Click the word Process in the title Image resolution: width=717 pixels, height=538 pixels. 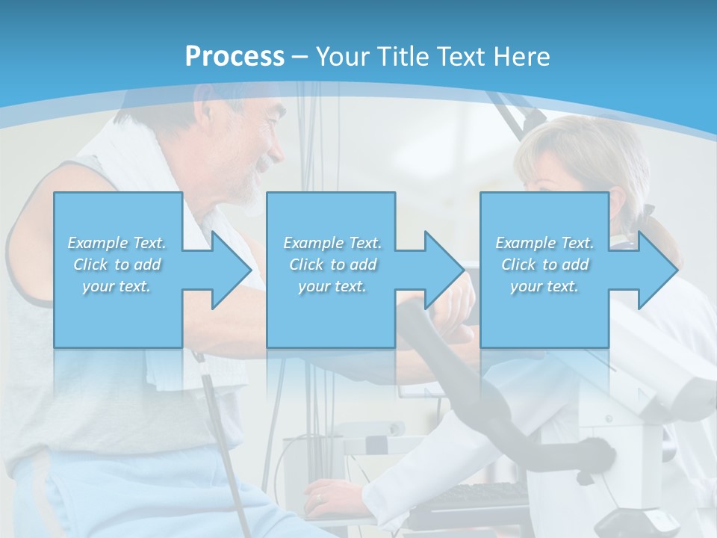point(235,57)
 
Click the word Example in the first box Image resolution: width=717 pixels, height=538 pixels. point(97,243)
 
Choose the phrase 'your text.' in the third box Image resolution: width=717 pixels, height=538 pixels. point(544,286)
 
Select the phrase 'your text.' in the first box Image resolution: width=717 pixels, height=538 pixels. point(117,286)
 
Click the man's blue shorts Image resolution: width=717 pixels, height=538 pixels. point(112,493)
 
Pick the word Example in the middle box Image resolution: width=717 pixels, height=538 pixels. point(313,243)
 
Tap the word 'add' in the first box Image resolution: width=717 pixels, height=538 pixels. point(147,265)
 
